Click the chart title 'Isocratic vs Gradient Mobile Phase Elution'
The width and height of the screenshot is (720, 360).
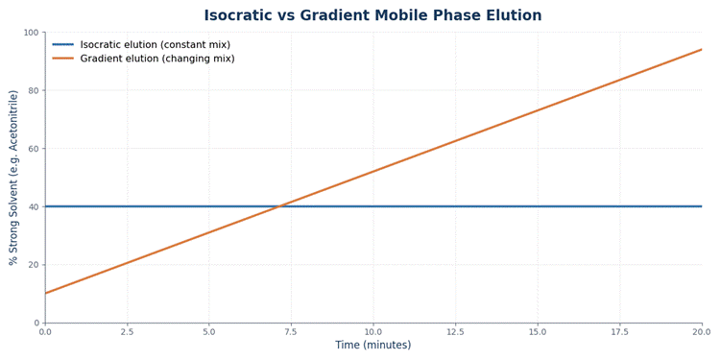(372, 15)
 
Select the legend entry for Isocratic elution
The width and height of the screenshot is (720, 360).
(141, 44)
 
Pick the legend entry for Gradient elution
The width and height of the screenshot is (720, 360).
(143, 59)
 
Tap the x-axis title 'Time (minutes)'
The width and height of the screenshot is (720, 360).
(372, 345)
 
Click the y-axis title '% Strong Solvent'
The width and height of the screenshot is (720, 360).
(13, 178)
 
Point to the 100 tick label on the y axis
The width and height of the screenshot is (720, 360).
(35, 32)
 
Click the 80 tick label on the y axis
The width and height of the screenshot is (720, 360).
(36, 90)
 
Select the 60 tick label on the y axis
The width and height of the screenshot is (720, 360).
(36, 148)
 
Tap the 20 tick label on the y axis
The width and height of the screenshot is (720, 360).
(36, 265)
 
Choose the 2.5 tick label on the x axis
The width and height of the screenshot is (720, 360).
(127, 331)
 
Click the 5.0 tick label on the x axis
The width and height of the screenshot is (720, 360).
(209, 331)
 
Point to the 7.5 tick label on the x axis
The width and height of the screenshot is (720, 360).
(291, 331)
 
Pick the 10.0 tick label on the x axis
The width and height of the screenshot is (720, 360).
(372, 331)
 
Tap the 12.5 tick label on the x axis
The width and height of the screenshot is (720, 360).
(455, 331)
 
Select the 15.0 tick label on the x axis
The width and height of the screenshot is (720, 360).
(538, 331)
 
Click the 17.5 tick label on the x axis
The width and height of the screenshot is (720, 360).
(619, 331)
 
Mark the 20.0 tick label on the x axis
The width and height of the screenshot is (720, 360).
(701, 331)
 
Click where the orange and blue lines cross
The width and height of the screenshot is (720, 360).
(279, 206)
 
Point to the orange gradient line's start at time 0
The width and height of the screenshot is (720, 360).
(45, 293)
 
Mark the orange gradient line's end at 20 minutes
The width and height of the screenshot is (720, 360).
(702, 49)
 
